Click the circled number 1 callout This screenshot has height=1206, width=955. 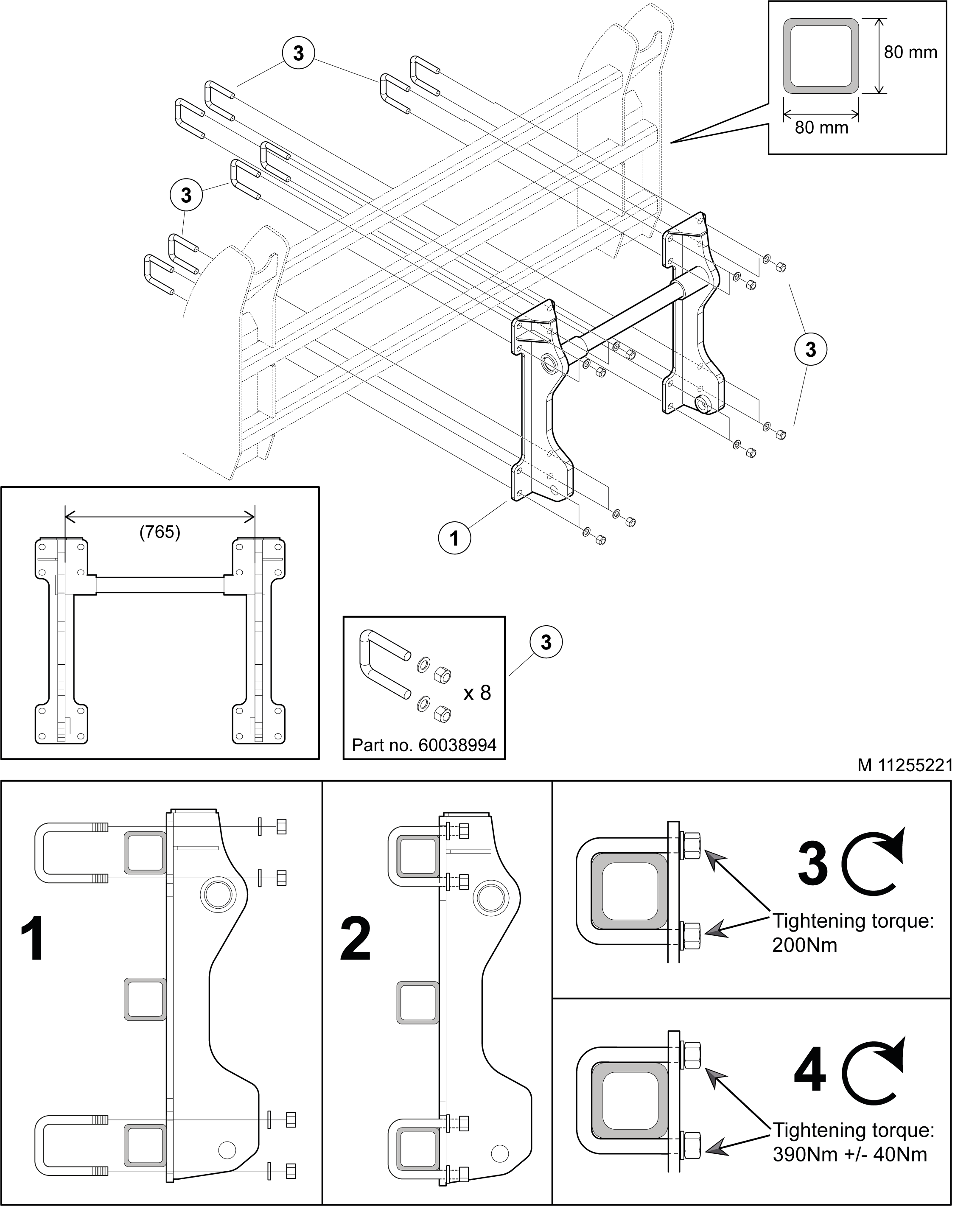coord(454,538)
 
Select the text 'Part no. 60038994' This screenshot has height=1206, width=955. coord(424,745)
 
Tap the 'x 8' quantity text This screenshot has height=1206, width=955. coord(477,693)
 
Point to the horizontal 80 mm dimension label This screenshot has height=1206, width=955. coord(821,128)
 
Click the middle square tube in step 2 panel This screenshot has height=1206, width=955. coord(417,1002)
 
